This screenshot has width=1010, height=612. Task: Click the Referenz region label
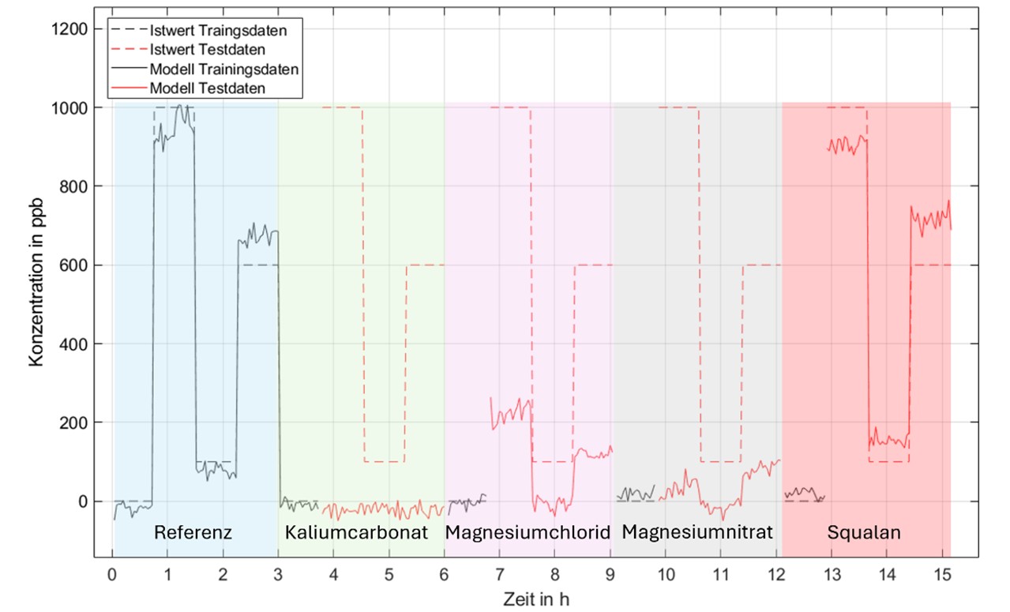pos(193,532)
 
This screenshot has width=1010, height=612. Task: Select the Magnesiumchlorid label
pos(528,532)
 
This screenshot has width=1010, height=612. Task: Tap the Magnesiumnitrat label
pos(697,532)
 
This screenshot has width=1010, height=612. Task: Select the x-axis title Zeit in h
pos(535,599)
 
